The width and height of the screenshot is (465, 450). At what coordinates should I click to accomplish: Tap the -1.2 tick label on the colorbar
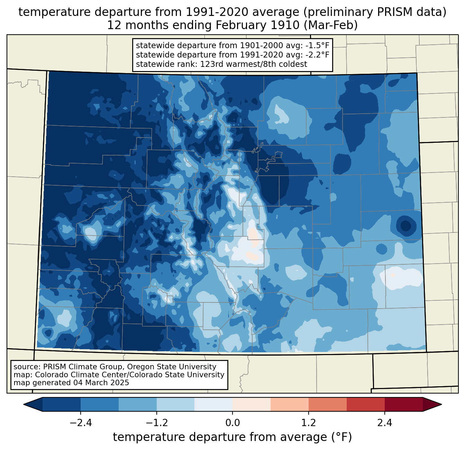(x=156, y=423)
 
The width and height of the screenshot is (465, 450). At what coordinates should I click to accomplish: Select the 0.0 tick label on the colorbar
(x=232, y=423)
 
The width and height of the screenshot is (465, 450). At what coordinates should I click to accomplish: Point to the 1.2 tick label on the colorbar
(x=309, y=423)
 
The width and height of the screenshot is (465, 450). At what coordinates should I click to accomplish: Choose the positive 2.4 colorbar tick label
(x=385, y=423)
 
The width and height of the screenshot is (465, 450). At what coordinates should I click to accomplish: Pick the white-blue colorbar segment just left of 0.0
(x=213, y=404)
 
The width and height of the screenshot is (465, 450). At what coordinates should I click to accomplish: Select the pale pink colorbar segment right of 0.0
(x=252, y=404)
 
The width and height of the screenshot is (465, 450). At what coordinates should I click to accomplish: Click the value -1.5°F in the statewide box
(x=317, y=45)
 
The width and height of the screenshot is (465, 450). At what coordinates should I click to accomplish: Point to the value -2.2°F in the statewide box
(x=317, y=55)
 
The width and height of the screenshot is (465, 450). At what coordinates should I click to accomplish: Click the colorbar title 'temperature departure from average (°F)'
(x=232, y=437)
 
